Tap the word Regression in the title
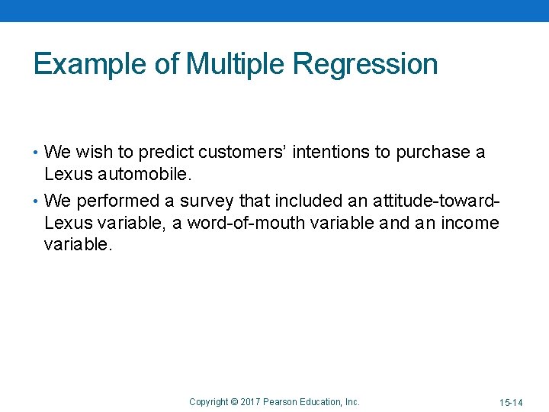[x=365, y=64]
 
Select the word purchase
[x=431, y=153]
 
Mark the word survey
[x=208, y=201]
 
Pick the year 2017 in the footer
[x=250, y=402]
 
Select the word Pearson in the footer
[x=281, y=402]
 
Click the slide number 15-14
[x=511, y=402]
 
